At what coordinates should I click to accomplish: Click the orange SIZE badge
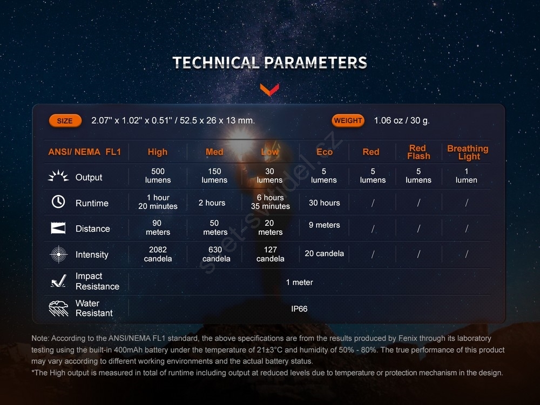65,121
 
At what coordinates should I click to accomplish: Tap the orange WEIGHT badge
348,120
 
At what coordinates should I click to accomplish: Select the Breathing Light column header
468,152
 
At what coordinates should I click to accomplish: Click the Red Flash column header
418,152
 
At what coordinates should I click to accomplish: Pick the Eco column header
325,152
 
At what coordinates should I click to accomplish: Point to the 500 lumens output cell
158,175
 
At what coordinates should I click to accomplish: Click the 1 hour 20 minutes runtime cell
158,202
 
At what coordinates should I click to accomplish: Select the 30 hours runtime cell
324,203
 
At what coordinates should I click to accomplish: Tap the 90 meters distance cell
158,228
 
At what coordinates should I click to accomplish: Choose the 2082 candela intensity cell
158,254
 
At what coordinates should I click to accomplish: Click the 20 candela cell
324,253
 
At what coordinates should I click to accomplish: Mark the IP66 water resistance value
299,309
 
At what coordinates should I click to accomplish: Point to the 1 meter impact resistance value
299,282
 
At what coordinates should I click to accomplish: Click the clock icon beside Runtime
58,201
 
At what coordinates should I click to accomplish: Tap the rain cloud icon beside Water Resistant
58,308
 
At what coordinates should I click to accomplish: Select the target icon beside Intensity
58,254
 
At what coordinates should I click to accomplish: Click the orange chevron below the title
269,89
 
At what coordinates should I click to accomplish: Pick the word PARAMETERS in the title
315,63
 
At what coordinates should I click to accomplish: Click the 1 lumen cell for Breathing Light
467,175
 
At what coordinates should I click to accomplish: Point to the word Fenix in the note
408,338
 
